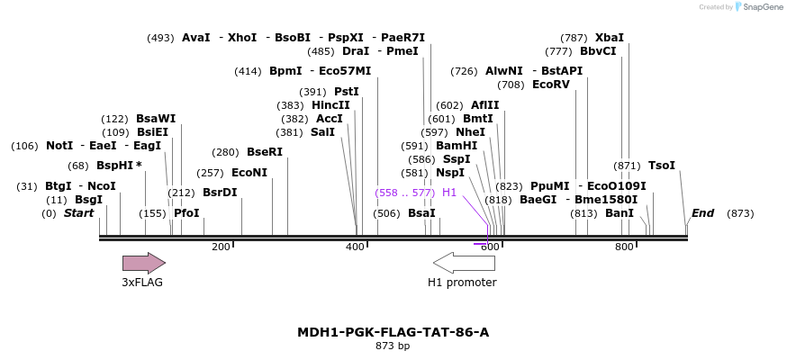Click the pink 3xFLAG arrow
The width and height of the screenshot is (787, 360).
click(x=143, y=263)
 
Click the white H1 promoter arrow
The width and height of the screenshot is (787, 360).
click(x=464, y=263)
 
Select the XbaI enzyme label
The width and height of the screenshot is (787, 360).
click(x=609, y=38)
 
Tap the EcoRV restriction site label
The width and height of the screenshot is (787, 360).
click(x=551, y=85)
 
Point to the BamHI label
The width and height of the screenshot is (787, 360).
click(x=457, y=146)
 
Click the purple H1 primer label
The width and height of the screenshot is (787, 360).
click(x=449, y=193)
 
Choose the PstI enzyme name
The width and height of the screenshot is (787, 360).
click(x=347, y=92)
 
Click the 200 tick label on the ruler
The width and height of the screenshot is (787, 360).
click(x=221, y=247)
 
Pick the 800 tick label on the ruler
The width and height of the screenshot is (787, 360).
click(x=625, y=247)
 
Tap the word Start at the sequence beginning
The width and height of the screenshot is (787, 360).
click(x=78, y=213)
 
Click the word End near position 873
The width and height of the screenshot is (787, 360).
click(x=702, y=213)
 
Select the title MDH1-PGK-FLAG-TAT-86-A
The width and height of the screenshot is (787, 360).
click(x=393, y=332)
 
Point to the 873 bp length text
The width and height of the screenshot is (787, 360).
click(x=393, y=346)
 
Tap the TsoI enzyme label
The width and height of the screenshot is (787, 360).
click(x=662, y=166)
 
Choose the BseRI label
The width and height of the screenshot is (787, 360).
click(x=265, y=152)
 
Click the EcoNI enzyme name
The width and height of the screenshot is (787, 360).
click(x=249, y=173)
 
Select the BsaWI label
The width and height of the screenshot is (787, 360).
click(x=156, y=119)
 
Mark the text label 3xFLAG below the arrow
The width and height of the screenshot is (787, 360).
click(x=142, y=283)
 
